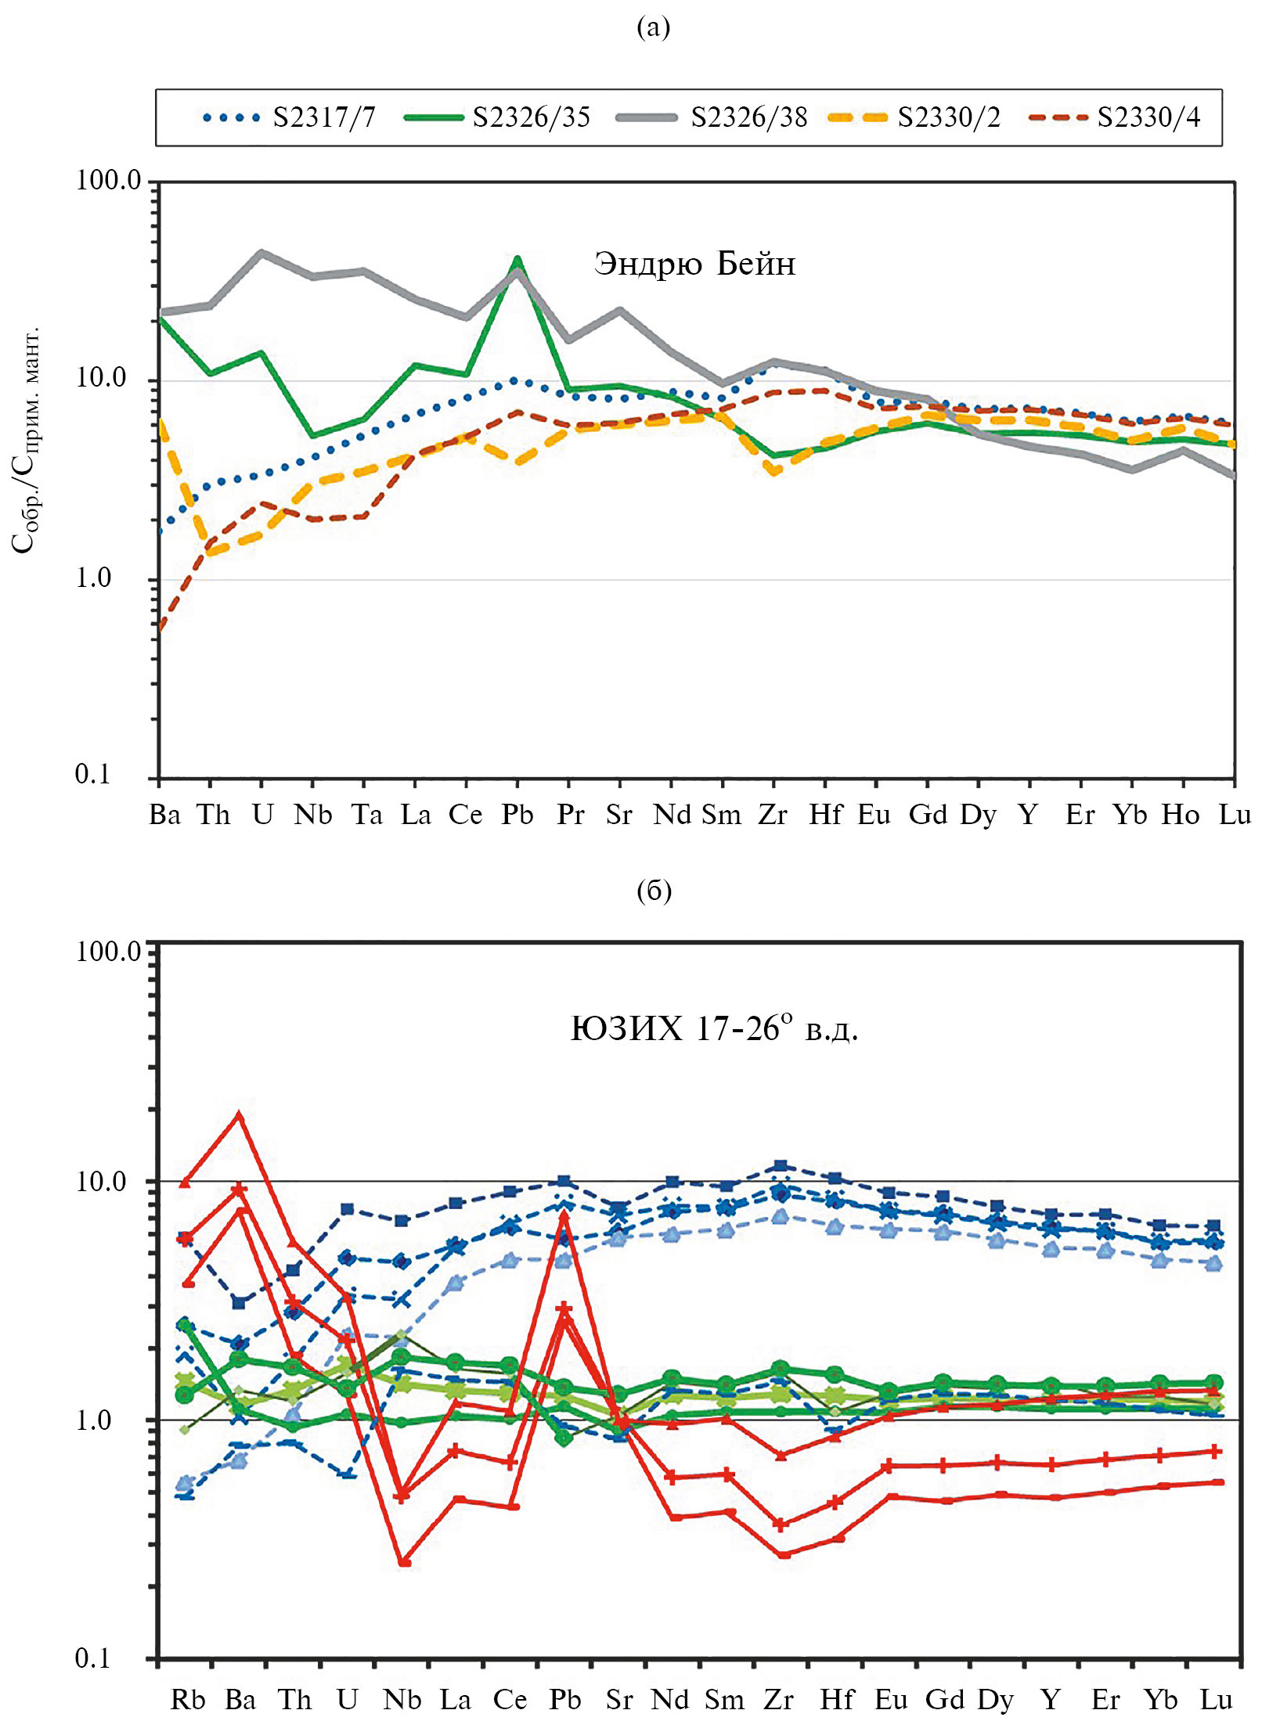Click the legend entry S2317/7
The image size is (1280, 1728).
click(x=323, y=117)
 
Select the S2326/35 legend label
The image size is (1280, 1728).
click(x=531, y=117)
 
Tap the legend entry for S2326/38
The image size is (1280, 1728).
click(x=748, y=117)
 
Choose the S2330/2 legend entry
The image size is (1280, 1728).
click(x=949, y=117)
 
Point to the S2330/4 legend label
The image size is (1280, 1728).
click(x=1148, y=117)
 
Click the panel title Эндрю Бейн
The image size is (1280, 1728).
click(x=694, y=264)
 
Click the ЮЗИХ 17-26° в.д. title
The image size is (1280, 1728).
click(x=714, y=1028)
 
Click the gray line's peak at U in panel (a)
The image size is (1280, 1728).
click(x=261, y=253)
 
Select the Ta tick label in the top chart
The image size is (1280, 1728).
click(x=366, y=815)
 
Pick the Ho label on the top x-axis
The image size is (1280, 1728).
click(x=1181, y=815)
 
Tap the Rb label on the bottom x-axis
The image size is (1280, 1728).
click(x=188, y=1699)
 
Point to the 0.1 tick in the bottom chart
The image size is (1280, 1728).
click(x=92, y=1658)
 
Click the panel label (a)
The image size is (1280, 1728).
click(x=654, y=28)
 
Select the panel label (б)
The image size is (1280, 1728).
click(x=654, y=891)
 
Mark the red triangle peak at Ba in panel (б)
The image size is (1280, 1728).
click(x=240, y=1116)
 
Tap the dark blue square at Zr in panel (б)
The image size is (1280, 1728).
click(x=780, y=1167)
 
